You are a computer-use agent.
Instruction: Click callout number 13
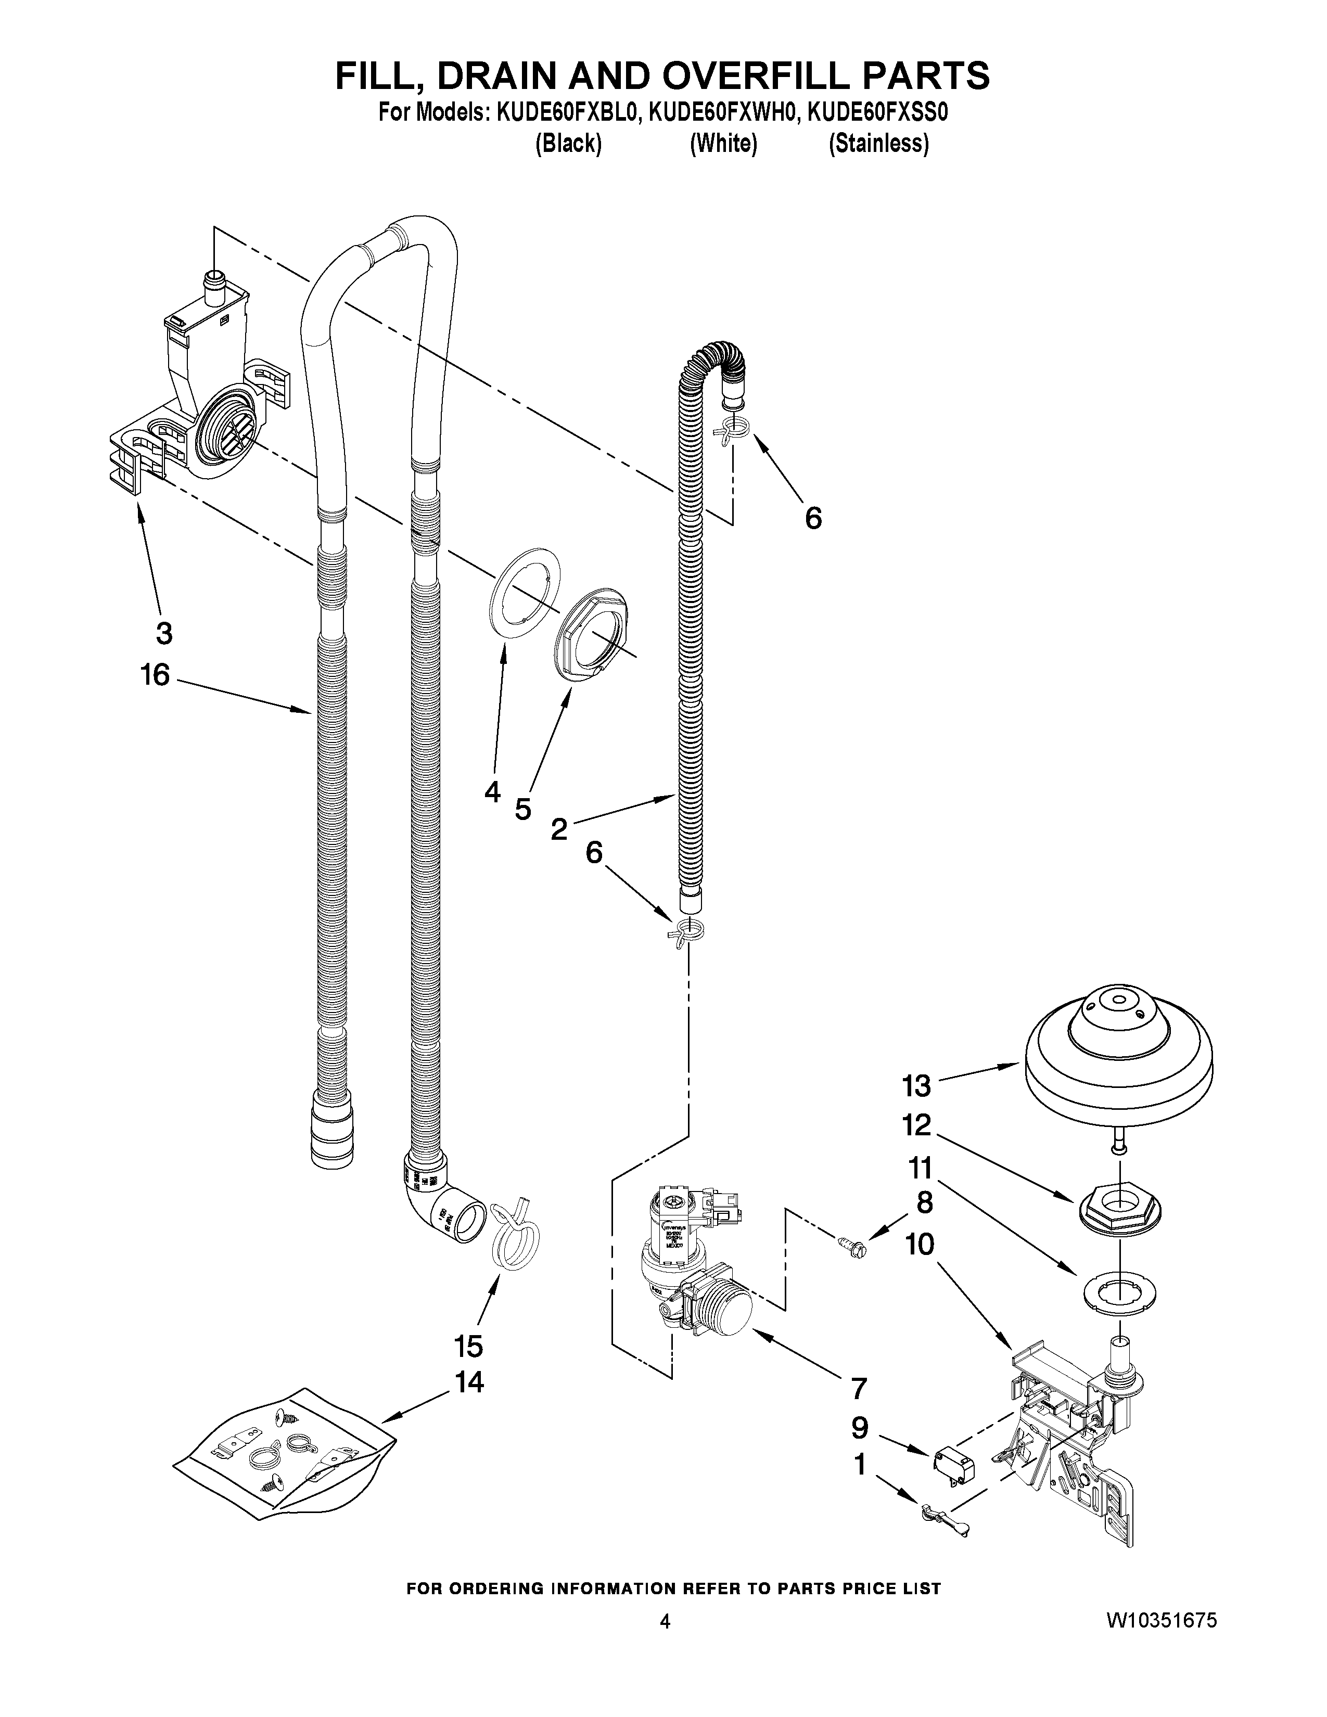916,1086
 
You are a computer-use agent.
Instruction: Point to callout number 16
155,674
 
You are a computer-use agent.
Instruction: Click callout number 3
163,633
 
